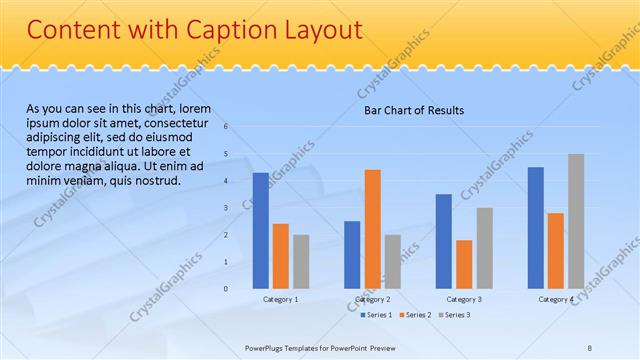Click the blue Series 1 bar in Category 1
pos(260,231)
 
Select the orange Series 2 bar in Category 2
pos(372,229)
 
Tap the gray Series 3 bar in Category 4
pos(575,221)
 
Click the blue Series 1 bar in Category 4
pos(535,228)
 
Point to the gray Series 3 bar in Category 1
pos(301,262)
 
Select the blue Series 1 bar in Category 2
pos(352,255)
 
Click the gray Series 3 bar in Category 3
pos(484,248)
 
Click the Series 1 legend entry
pos(377,315)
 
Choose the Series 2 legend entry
pos(415,315)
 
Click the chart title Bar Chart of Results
pos(413,111)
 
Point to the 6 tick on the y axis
pos(226,127)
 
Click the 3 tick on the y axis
pos(226,208)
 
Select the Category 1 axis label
pos(280,299)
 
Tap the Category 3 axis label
pos(464,299)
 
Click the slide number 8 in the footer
pos(589,347)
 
